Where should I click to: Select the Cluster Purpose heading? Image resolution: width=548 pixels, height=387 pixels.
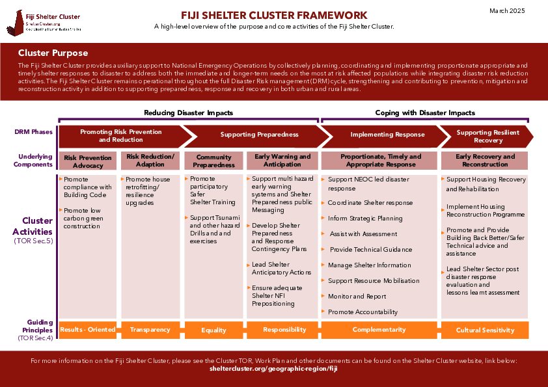(x=53, y=53)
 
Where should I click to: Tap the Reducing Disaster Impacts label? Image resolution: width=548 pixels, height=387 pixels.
(x=188, y=113)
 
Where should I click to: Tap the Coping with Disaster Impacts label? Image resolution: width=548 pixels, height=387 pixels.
(x=425, y=113)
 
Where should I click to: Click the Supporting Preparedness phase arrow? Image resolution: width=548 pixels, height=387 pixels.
(x=259, y=135)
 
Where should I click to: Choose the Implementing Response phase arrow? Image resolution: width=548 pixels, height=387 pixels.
(x=387, y=135)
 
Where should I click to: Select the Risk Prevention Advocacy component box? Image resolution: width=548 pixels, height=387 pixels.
(x=88, y=161)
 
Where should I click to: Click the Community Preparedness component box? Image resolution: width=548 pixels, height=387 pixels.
(x=213, y=161)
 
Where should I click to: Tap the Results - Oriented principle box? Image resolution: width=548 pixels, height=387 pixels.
(x=88, y=330)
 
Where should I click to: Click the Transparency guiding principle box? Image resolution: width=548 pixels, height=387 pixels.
(x=150, y=330)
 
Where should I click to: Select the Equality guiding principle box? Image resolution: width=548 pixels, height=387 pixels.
(x=213, y=330)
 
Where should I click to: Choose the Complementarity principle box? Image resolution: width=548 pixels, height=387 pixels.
(x=379, y=330)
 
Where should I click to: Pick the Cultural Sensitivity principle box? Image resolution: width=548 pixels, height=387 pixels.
(x=485, y=330)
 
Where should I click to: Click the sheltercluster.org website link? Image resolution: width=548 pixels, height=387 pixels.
(x=274, y=368)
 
